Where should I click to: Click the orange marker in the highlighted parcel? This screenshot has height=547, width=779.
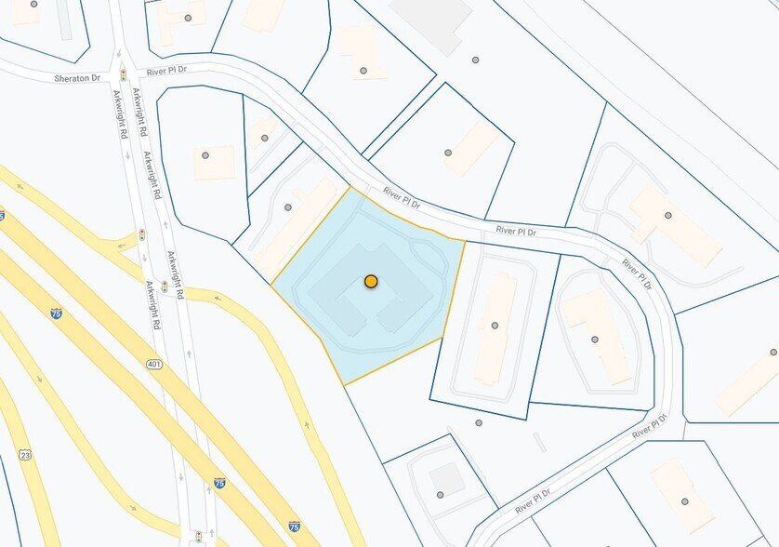371,281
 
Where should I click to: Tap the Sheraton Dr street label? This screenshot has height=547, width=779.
76,78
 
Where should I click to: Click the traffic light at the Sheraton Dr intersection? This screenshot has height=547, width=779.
123,73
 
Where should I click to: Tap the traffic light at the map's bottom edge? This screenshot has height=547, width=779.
198,538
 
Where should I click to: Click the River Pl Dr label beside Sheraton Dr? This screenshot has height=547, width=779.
168,71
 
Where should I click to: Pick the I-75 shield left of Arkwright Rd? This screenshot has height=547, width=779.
57,314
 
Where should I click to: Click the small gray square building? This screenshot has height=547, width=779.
447,478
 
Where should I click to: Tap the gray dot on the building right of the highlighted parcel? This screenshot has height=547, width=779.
495,326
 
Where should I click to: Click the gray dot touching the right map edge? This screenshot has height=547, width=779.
773,353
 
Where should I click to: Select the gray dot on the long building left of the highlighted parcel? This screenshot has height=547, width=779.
288,207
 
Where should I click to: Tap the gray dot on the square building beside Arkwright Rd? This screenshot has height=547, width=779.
205,155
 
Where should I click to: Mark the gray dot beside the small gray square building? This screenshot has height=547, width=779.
440,495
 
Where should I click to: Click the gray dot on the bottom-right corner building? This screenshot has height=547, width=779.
685,501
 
